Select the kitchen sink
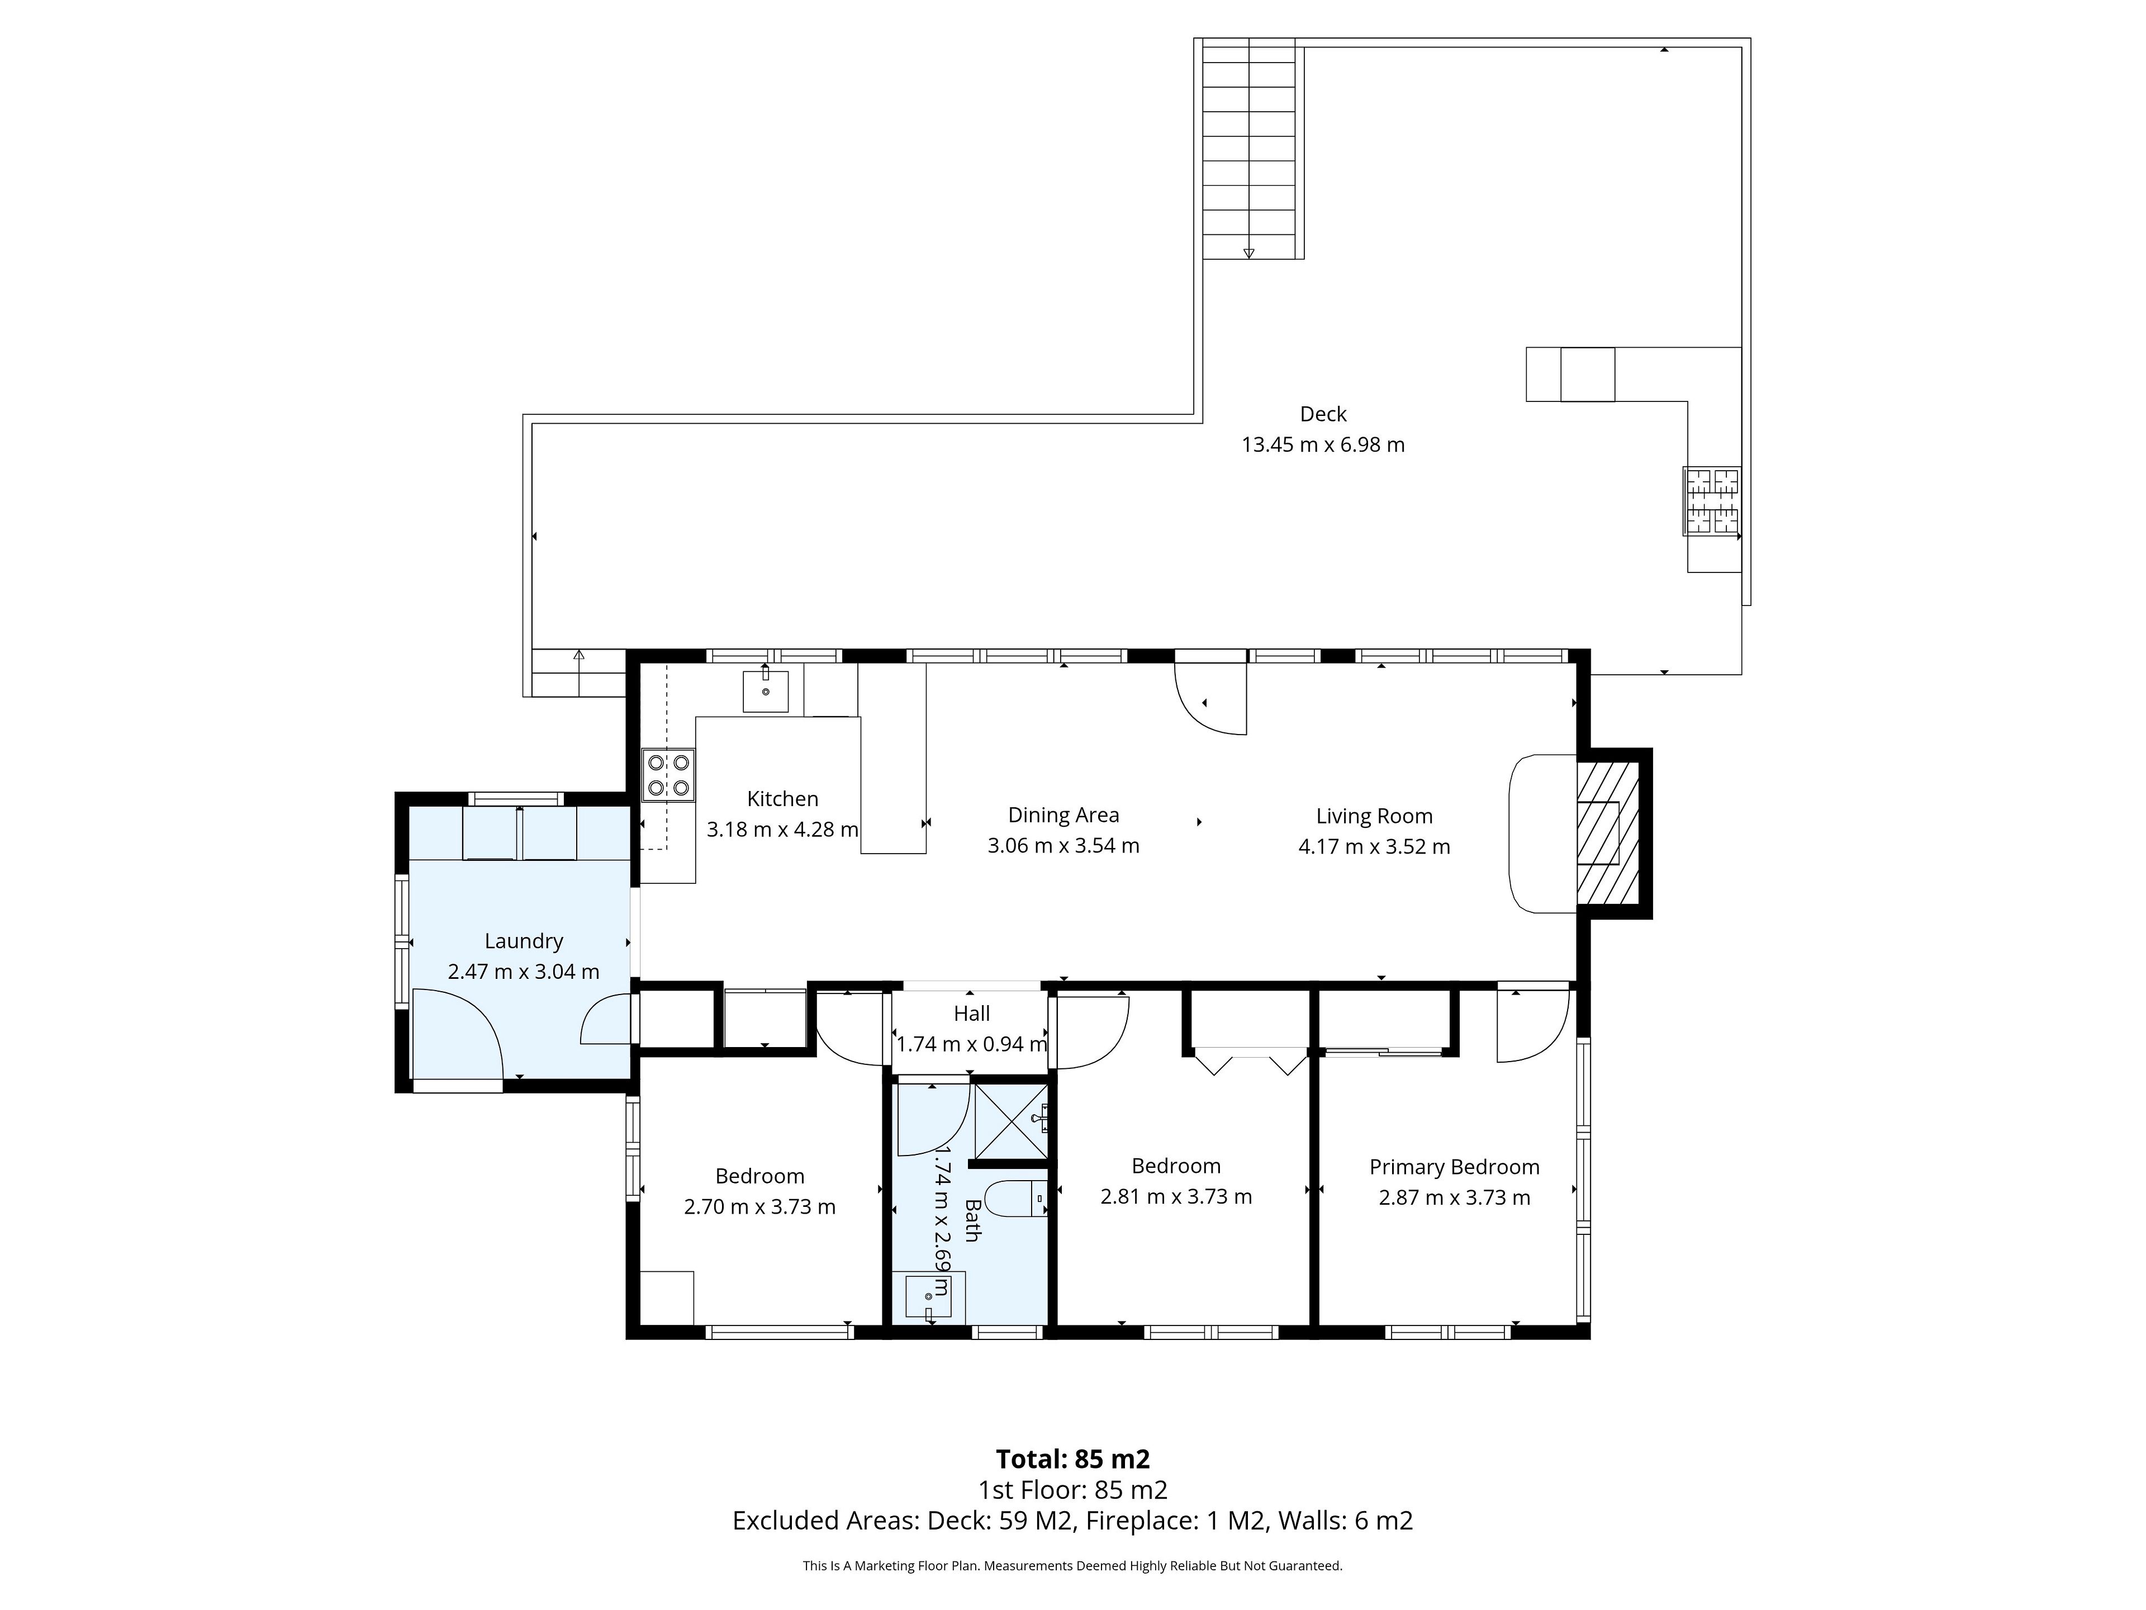click(766, 691)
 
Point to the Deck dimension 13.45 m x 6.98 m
click(1323, 444)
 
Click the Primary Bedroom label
click(1454, 1167)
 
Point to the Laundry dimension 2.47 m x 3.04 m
click(524, 972)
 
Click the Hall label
click(971, 1013)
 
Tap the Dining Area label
click(1063, 815)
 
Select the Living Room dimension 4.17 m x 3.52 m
click(1374, 846)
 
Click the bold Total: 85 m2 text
click(1073, 1459)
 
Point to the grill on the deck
click(1711, 501)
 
